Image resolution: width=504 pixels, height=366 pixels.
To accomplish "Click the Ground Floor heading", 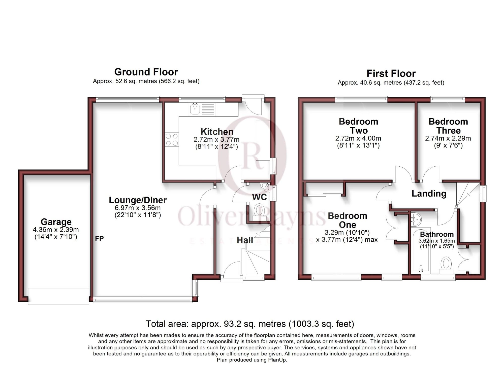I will pos(146,72).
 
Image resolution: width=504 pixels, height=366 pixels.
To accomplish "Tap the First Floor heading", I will pos(391,74).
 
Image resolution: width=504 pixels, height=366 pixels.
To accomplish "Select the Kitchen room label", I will pos(217,132).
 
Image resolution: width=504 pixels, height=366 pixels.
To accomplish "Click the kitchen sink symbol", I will pos(195,109).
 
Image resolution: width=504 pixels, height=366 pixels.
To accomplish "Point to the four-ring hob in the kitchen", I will pos(172,140).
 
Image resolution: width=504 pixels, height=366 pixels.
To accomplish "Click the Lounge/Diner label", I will pos(138,200).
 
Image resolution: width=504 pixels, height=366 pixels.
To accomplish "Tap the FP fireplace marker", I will pos(99,238).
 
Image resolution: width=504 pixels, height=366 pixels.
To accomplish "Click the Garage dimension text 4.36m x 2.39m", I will pos(56,230).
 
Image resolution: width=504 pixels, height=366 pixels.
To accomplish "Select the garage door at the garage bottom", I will pos(58,296).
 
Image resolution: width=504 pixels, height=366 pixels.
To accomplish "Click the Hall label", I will pos(245,240).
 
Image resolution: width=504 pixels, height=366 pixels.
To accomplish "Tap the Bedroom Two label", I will pos(358,126).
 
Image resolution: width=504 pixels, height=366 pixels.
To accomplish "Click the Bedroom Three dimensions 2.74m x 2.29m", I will pos(448,138).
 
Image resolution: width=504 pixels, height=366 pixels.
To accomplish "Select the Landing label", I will pos(429,194).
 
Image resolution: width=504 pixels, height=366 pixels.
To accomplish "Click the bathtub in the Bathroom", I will pos(420,254).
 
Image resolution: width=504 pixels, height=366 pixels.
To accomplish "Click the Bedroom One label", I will pos(347,220).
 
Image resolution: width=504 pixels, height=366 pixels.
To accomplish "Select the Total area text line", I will pos(250,324).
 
